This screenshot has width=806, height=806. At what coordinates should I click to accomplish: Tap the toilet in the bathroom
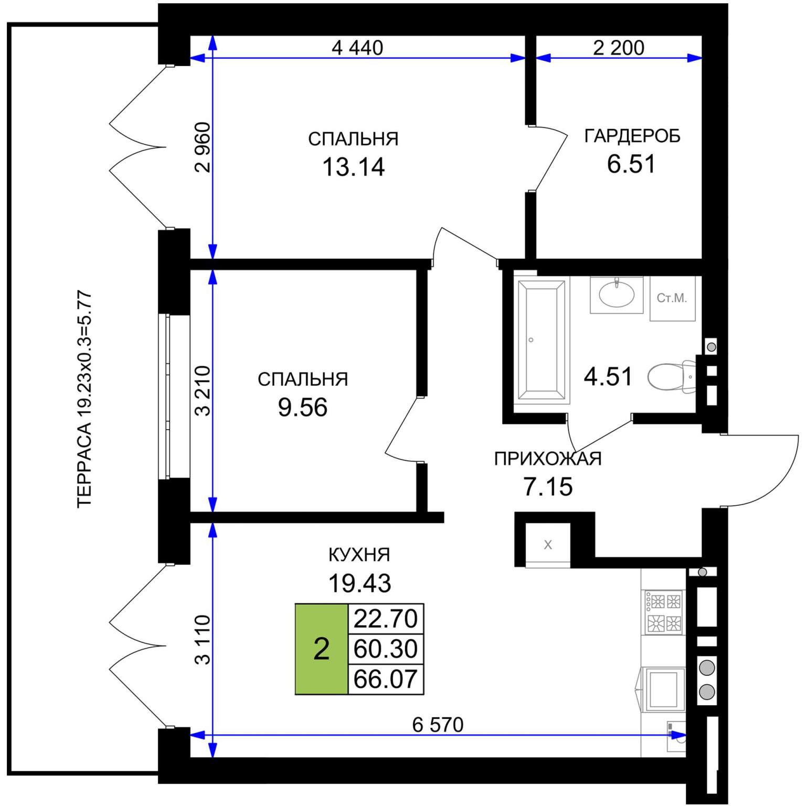point(672,376)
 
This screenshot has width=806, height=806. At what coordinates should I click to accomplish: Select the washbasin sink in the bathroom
point(617,294)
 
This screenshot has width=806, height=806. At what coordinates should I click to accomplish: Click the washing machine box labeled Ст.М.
point(672,298)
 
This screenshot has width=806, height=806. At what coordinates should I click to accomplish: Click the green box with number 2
point(321,649)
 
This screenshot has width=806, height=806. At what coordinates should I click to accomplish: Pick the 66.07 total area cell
point(386,679)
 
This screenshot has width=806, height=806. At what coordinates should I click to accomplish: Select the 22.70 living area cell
point(386,619)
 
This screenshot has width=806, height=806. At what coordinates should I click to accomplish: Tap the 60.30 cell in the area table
point(386,649)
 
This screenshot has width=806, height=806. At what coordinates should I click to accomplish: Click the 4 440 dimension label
point(357,48)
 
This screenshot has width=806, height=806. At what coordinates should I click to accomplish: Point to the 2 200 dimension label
point(619,48)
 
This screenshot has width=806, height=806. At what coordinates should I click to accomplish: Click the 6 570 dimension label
point(438,725)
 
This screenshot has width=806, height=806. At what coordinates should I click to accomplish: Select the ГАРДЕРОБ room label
point(632,136)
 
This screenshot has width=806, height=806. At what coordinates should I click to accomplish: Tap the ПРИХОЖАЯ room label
point(548,459)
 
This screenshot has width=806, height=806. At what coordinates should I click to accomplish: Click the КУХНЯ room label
point(359,555)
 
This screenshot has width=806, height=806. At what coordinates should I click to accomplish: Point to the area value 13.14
point(353,167)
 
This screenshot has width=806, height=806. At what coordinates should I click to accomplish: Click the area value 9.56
point(303,407)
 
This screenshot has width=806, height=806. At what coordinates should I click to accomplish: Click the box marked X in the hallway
point(548,545)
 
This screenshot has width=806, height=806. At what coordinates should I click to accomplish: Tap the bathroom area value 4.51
point(608,377)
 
